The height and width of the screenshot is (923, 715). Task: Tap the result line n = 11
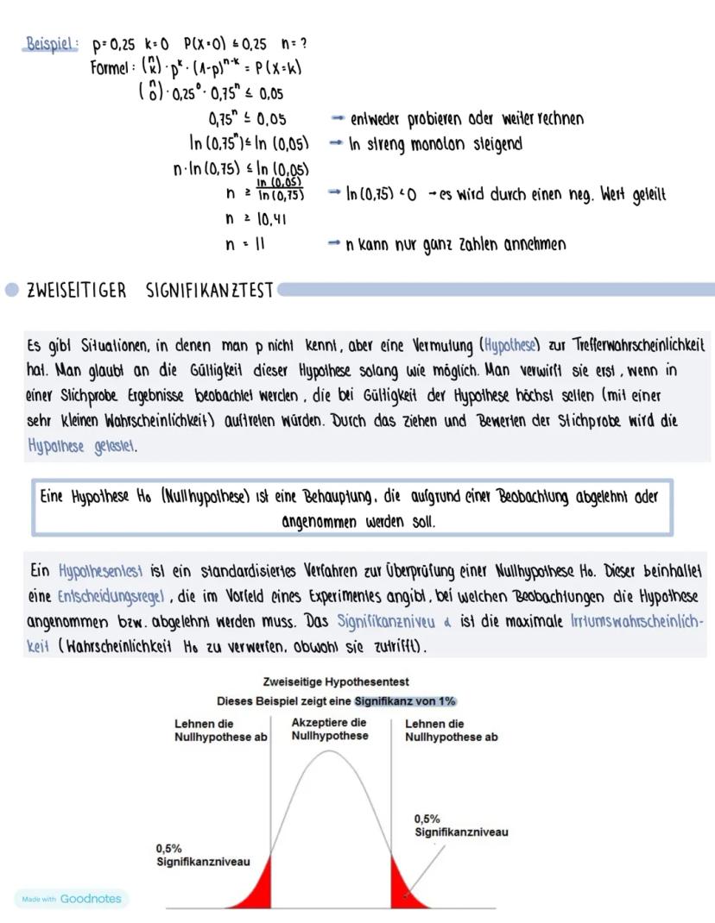tap(244, 244)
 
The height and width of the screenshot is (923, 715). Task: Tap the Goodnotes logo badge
tap(71, 899)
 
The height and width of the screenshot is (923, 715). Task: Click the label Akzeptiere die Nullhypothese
tap(329, 729)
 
